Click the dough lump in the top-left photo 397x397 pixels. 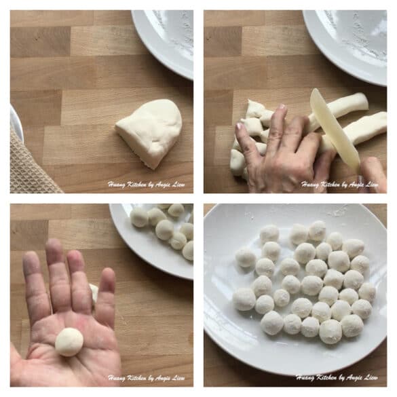pos(150,131)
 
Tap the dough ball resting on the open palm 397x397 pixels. pos(69,341)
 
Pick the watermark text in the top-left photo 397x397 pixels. pos(147,184)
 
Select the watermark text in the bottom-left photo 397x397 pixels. pos(147,377)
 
